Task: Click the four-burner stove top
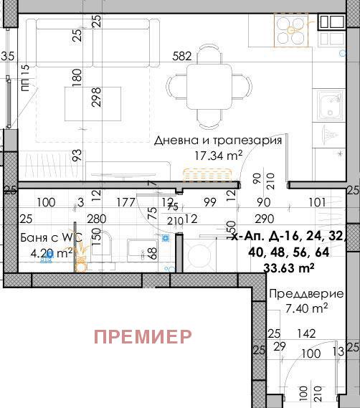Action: coord(290,29)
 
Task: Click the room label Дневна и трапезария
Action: coord(218,141)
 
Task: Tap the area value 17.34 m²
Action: coord(219,155)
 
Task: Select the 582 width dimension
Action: coord(182,56)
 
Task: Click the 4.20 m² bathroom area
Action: coord(46,252)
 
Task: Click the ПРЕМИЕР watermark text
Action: coord(143,336)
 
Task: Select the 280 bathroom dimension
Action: coord(97,219)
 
